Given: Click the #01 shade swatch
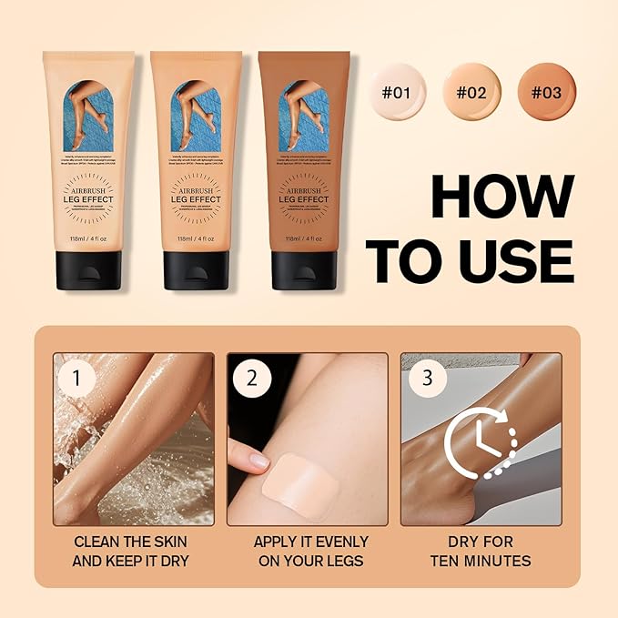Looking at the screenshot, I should point(398,92).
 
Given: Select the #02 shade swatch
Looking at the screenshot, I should point(471,92).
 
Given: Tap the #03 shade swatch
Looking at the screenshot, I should point(545,92).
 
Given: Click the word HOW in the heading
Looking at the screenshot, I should point(501,196).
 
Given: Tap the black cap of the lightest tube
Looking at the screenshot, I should point(88,270).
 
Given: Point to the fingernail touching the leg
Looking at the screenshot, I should point(260,461).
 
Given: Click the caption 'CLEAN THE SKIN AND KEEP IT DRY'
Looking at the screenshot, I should point(133,551).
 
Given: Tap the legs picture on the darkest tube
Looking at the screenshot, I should point(303,117).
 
